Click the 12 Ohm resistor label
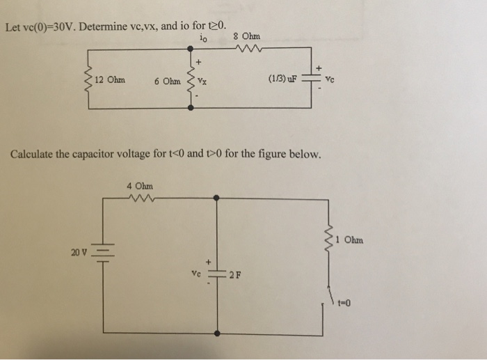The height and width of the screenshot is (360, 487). click(x=110, y=79)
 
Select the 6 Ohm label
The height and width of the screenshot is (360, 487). click(x=168, y=80)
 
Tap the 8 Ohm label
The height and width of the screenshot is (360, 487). click(x=247, y=36)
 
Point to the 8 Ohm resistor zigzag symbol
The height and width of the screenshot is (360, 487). click(x=248, y=49)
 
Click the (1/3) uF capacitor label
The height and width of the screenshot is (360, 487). click(x=281, y=79)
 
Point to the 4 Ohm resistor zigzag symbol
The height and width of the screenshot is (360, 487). click(x=141, y=198)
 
